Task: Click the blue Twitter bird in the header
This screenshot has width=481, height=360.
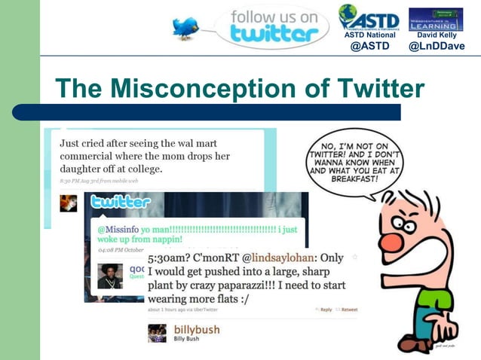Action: tap(185, 29)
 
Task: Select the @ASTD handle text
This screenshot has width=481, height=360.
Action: tap(370, 46)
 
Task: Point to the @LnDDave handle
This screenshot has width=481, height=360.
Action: tap(437, 46)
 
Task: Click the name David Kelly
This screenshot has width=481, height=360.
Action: tap(437, 35)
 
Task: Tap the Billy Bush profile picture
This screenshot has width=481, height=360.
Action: tap(157, 333)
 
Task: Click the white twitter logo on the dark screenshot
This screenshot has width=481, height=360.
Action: tap(121, 202)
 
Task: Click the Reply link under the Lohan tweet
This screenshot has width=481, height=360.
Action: tap(325, 310)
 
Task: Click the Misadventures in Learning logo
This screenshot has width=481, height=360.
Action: tap(436, 19)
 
